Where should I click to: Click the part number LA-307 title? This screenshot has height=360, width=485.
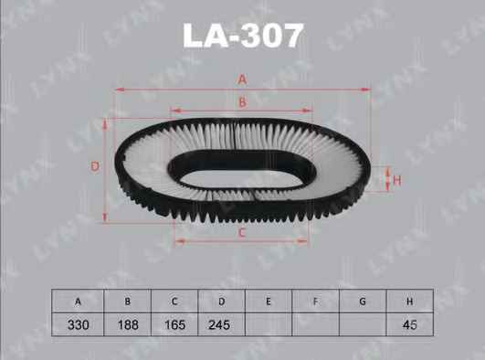(243, 36)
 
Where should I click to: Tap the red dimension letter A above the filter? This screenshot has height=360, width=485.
(243, 79)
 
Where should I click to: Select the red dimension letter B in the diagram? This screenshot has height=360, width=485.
(243, 102)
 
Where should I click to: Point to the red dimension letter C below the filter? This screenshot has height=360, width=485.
(242, 233)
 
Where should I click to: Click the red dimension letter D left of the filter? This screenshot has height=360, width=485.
(95, 167)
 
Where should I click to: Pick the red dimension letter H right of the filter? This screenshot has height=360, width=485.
(396, 180)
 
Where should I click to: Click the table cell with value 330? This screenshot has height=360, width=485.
(79, 324)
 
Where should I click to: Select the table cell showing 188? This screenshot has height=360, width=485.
(128, 324)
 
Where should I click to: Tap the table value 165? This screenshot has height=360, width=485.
(174, 324)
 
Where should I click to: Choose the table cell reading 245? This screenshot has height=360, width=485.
(219, 324)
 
